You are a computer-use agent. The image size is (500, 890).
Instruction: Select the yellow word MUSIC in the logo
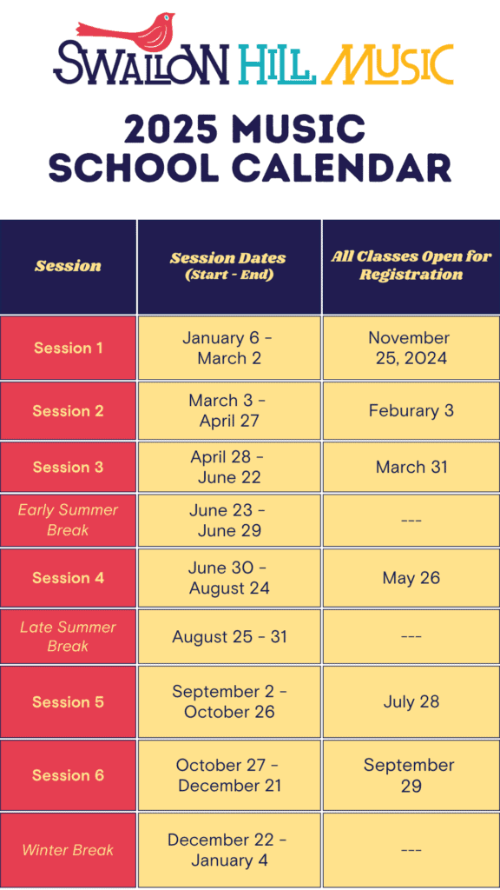(x=391, y=64)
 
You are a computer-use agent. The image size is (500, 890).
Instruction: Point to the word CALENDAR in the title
(x=339, y=167)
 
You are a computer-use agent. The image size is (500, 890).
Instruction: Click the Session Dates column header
(x=228, y=266)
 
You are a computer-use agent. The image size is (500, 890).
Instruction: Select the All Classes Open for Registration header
(x=411, y=266)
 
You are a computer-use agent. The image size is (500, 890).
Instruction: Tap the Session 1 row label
(x=68, y=348)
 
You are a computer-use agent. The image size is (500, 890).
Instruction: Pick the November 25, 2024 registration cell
(x=411, y=348)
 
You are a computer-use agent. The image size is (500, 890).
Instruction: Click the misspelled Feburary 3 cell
(x=411, y=410)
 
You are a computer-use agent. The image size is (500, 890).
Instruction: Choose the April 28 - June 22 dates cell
(x=229, y=467)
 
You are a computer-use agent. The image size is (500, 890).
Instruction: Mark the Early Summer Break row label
(x=68, y=520)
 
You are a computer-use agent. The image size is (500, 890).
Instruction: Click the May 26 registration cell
(x=411, y=578)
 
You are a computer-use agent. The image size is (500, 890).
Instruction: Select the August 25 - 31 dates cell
(x=229, y=637)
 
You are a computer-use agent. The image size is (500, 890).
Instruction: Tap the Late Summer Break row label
(x=68, y=636)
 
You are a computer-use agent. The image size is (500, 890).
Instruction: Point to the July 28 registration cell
(x=411, y=701)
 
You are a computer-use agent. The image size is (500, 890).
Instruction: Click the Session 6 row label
(x=68, y=774)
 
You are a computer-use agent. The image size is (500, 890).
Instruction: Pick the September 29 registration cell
(x=410, y=774)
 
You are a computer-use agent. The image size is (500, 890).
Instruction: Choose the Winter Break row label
(x=68, y=850)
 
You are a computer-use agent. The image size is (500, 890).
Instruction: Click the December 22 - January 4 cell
(x=228, y=850)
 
